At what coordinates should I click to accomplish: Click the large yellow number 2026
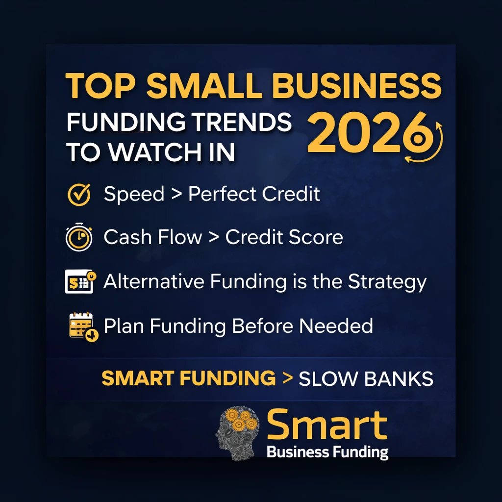365,132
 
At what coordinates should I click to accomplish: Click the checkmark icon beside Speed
78,195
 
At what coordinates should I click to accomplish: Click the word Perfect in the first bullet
222,195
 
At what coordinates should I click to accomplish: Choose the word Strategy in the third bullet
387,282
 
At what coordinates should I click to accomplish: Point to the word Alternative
154,281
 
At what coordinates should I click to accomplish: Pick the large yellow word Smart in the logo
327,425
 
